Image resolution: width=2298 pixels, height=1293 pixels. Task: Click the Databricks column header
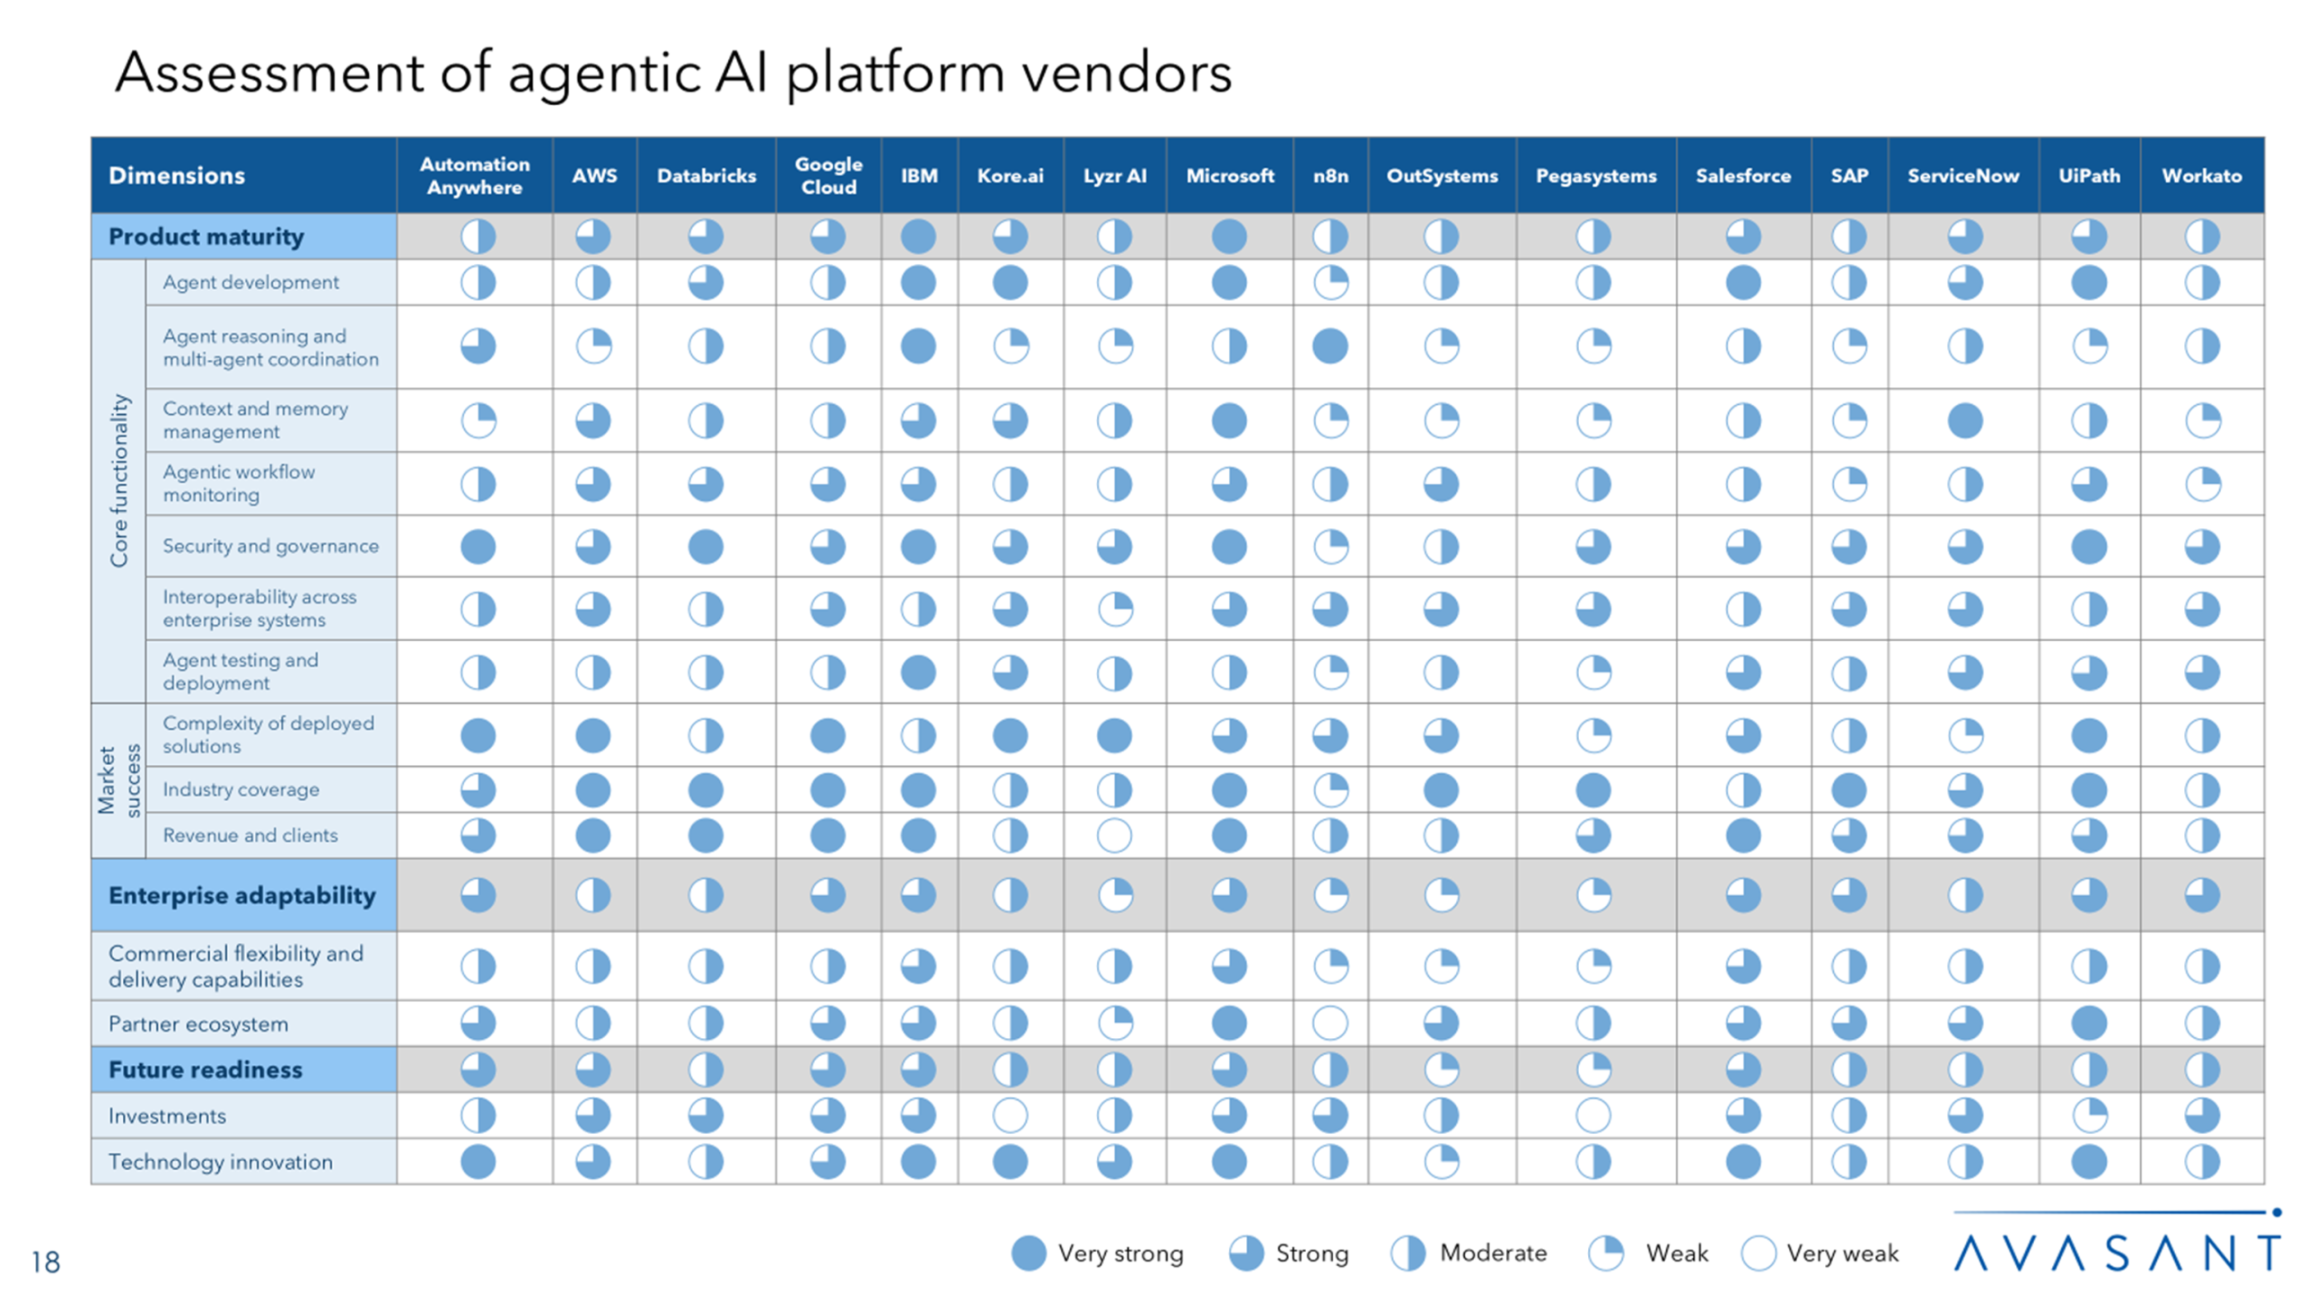click(706, 176)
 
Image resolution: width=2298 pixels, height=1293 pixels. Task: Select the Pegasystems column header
click(1595, 176)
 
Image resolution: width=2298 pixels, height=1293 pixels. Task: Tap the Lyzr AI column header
click(1114, 176)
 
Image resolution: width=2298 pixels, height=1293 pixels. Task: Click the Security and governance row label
click(270, 546)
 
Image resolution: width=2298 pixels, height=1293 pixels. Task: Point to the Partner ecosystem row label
click(198, 1024)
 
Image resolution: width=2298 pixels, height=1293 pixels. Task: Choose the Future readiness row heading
click(206, 1069)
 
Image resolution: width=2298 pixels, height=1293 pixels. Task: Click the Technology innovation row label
click(221, 1162)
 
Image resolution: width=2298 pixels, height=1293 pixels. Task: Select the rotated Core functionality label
click(118, 481)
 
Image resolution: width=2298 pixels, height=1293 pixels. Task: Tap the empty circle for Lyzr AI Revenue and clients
click(1114, 836)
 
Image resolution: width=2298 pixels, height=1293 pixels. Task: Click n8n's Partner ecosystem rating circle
click(1329, 1024)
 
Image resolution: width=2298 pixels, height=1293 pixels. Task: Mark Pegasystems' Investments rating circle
click(1593, 1116)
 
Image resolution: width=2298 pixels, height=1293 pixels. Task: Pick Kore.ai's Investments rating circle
click(1010, 1116)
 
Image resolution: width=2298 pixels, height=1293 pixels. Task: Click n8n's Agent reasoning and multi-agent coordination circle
click(1329, 347)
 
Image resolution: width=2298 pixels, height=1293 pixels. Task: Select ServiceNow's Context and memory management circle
click(1964, 420)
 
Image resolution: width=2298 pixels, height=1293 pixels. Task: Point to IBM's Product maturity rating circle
click(918, 237)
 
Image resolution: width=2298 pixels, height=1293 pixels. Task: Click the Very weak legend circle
click(1758, 1253)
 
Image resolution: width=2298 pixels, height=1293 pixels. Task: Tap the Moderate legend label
click(1493, 1253)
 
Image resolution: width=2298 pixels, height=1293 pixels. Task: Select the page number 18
click(46, 1262)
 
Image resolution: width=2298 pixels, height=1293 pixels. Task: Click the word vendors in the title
click(1127, 74)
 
